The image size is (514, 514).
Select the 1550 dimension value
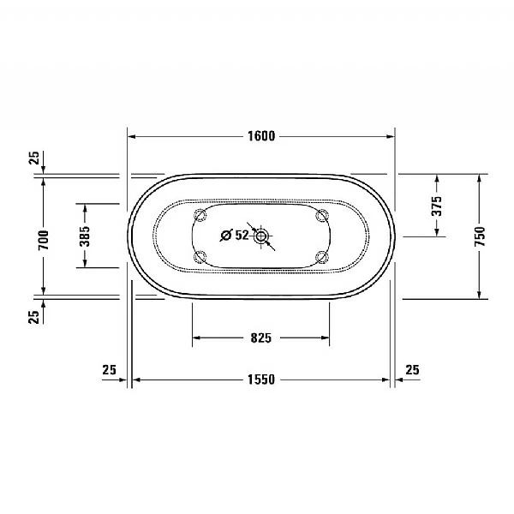[x=261, y=380]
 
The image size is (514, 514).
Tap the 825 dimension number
[x=260, y=338]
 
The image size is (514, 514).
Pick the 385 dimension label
[x=85, y=236]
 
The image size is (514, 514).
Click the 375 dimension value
[x=436, y=205]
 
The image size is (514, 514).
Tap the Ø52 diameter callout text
[x=234, y=235]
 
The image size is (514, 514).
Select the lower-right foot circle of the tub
[x=322, y=256]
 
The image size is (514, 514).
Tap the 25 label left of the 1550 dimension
[x=109, y=370]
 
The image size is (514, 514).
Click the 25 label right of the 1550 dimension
[x=412, y=370]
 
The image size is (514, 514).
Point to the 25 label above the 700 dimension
[x=33, y=158]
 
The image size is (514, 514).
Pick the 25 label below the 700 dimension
[x=33, y=317]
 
